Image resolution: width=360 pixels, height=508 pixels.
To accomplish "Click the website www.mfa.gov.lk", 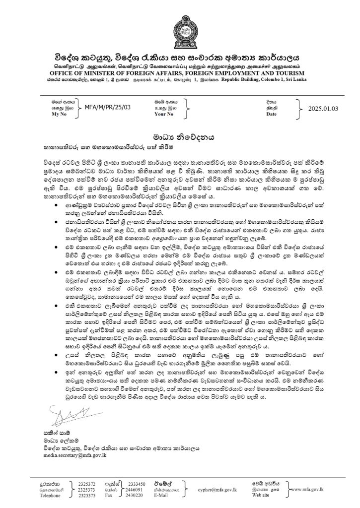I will click(323, 490).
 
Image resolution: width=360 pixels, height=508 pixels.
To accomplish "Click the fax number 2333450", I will click(137, 483).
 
